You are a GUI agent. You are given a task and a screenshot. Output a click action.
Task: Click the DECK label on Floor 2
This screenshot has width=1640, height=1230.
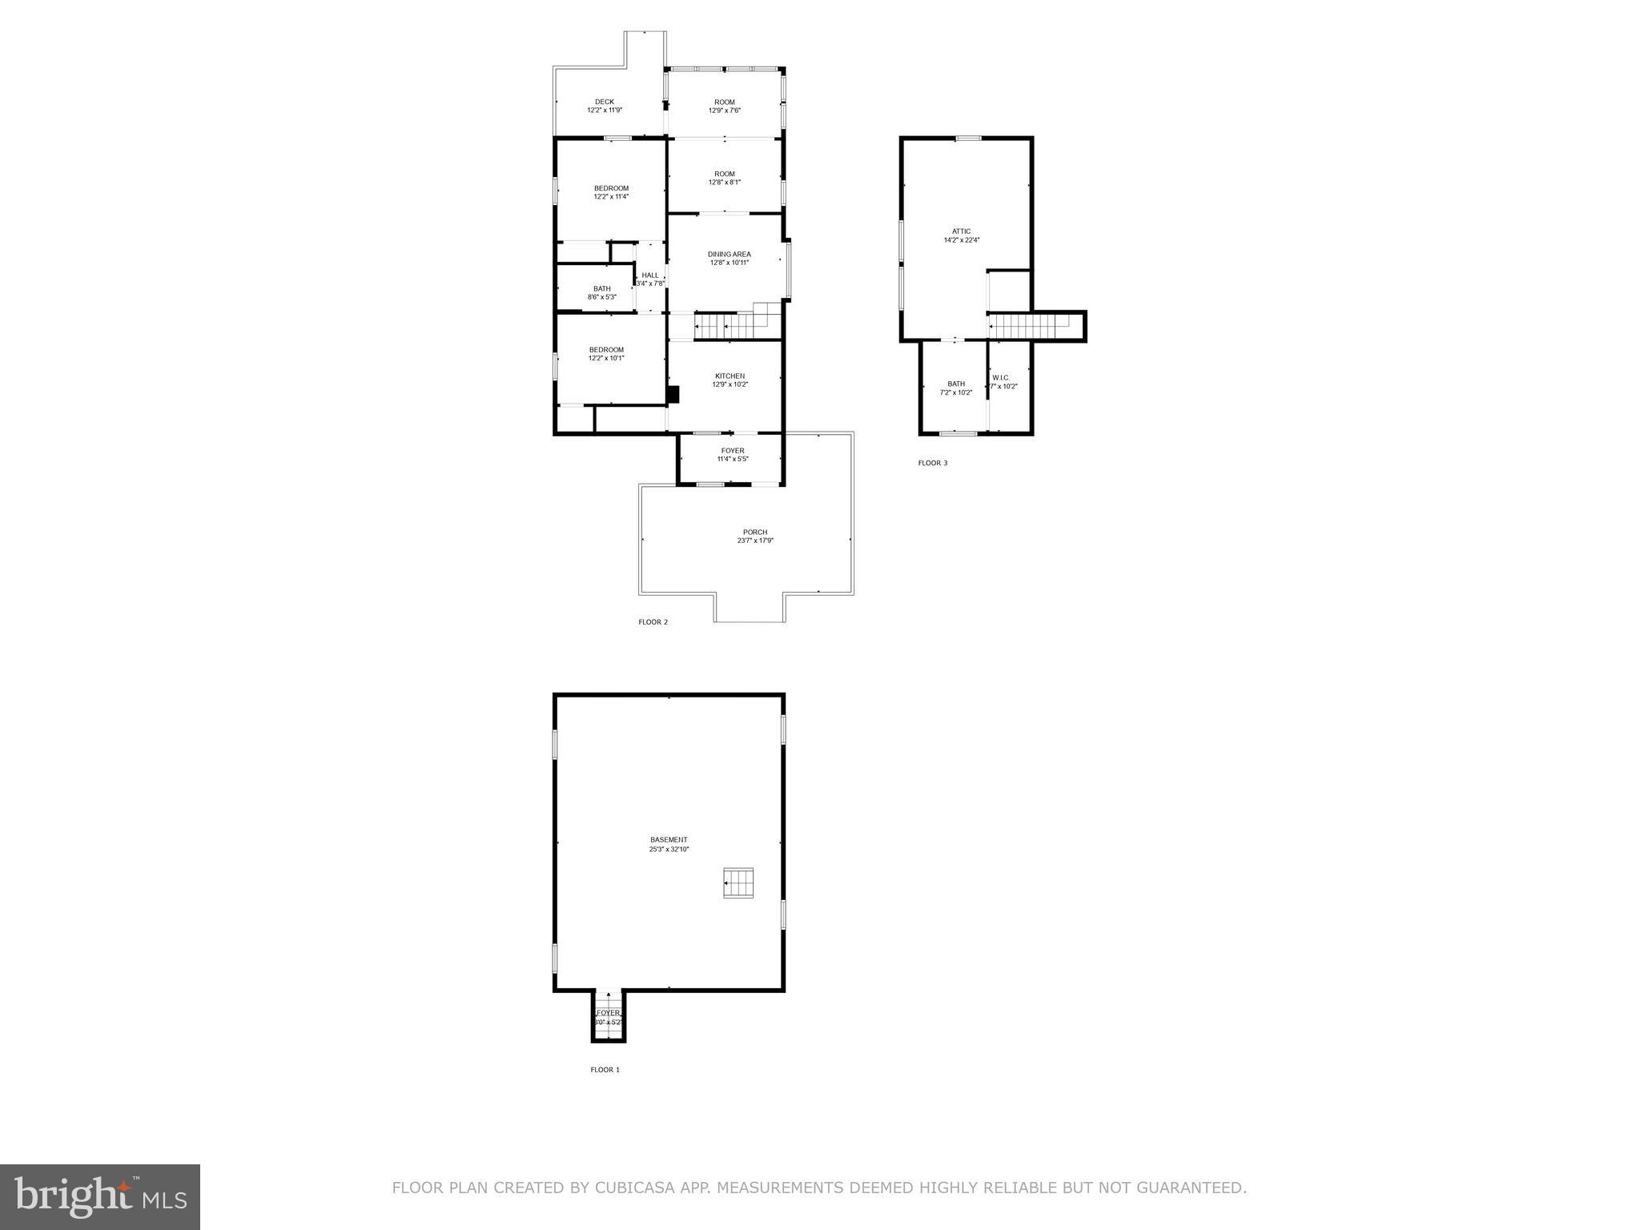605,102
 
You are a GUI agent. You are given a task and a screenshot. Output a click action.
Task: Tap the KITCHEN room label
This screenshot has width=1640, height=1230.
730,376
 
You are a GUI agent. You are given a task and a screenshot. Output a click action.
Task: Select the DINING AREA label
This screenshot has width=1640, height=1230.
729,254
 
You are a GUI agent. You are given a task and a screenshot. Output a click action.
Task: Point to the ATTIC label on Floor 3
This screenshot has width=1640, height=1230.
962,231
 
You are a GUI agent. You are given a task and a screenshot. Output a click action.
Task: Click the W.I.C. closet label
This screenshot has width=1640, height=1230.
1001,377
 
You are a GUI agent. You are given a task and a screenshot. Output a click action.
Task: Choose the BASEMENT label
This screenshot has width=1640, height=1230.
669,840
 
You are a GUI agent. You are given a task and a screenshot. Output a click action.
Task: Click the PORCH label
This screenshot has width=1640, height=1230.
755,533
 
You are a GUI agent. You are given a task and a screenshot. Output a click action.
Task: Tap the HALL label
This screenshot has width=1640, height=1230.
650,275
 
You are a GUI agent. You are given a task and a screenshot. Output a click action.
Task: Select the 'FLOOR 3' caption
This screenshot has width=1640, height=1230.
933,463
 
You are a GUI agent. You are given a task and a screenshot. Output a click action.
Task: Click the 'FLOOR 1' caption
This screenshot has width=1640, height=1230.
605,1069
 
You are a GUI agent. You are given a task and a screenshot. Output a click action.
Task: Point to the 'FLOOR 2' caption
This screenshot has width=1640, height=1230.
653,622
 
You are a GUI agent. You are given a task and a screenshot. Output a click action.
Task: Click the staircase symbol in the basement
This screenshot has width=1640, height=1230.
739,882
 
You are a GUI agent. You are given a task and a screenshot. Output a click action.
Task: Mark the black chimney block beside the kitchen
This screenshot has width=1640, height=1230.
673,395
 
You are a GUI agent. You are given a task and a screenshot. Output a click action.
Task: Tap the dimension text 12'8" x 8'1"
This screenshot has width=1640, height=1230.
725,183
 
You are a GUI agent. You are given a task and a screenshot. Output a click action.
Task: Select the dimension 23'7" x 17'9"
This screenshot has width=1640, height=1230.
755,541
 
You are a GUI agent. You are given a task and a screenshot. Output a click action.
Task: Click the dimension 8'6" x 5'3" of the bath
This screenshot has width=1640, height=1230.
602,297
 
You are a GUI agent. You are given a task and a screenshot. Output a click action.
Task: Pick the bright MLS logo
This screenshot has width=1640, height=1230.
100,1197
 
